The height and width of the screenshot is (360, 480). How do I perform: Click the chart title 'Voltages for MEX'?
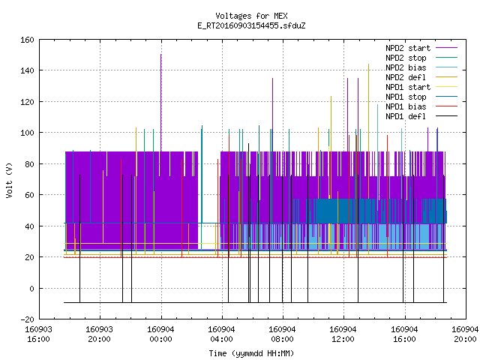click(x=251, y=16)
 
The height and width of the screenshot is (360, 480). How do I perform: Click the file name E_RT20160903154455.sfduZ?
click(x=251, y=25)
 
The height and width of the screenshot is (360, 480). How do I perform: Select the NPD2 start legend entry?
click(x=421, y=48)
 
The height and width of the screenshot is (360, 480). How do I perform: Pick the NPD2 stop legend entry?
click(x=421, y=58)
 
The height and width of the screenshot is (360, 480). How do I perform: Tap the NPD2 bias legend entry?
click(x=421, y=67)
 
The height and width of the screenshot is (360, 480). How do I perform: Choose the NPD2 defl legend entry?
click(x=421, y=77)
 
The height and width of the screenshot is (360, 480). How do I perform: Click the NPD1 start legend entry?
click(x=421, y=87)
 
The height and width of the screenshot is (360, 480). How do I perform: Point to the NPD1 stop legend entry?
click(x=421, y=97)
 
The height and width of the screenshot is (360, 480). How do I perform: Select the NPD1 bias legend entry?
click(x=421, y=106)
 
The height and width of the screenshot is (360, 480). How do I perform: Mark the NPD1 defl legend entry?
click(x=421, y=117)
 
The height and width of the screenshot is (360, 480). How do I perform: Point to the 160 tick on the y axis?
click(x=27, y=40)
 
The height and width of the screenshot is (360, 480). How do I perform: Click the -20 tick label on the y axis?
click(x=27, y=319)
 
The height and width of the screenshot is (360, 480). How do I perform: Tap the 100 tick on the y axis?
click(x=27, y=133)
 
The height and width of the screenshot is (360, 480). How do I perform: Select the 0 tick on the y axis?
click(x=31, y=288)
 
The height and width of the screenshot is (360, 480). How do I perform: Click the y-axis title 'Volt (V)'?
click(x=9, y=180)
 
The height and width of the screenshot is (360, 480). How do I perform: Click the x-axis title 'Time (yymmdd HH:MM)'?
click(x=251, y=353)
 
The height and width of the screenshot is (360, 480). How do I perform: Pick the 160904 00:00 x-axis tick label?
click(x=160, y=334)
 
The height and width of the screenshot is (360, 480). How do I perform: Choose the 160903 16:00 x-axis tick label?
click(x=38, y=334)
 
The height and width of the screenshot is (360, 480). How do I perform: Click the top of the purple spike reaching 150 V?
click(x=161, y=55)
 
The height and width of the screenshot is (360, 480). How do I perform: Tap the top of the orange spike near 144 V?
click(x=368, y=64)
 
